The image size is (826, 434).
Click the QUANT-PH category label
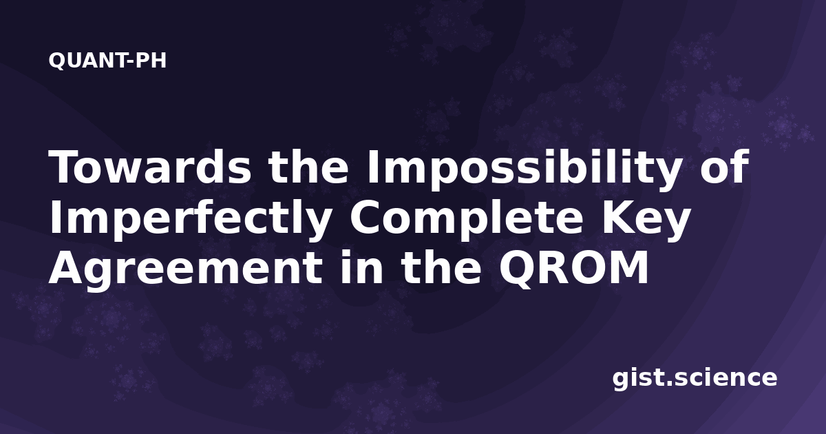[107, 61]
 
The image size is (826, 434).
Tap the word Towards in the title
[150, 167]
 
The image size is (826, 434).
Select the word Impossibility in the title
[523, 170]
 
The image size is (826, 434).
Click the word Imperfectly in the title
[190, 220]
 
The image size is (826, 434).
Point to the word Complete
[467, 220]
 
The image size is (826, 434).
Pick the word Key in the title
[646, 221]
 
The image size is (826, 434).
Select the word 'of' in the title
[724, 167]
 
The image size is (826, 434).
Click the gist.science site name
[695, 379]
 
